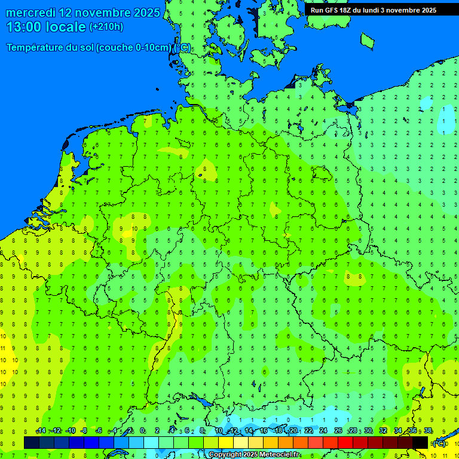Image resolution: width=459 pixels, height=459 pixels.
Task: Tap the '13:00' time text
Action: pos(25,27)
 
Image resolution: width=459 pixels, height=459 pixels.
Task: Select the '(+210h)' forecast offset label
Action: pos(106,27)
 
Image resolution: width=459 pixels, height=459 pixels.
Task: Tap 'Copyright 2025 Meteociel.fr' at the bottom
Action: pos(254,455)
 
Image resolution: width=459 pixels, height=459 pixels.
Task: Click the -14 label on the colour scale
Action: pos(41,431)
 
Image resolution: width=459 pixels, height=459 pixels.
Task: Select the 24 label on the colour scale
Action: pos(323,431)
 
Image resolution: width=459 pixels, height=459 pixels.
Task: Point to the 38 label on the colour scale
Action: pos(428,431)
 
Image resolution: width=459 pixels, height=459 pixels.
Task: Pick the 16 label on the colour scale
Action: pos(264,431)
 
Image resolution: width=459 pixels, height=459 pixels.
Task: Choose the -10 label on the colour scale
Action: pos(70,431)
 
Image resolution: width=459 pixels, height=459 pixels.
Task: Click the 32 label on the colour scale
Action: pos(383,431)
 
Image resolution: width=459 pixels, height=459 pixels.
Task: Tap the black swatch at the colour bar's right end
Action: pos(420,442)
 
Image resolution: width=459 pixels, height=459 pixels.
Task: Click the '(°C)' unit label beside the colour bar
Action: pos(439,443)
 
